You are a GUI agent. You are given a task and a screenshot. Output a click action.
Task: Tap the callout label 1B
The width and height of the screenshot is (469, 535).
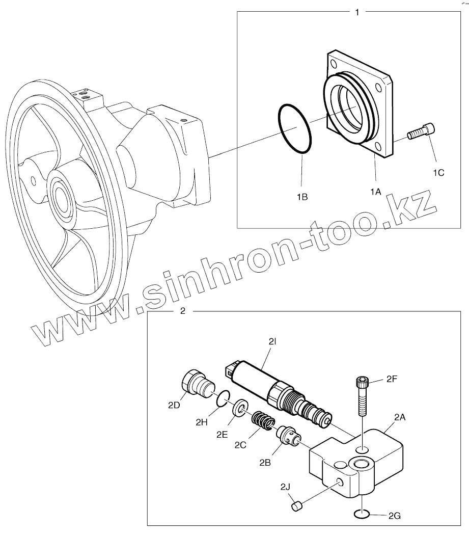click(x=302, y=195)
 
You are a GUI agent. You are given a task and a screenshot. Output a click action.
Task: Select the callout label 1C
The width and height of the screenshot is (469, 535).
click(x=438, y=173)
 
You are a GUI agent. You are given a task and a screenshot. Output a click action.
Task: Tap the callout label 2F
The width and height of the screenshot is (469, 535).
click(x=391, y=380)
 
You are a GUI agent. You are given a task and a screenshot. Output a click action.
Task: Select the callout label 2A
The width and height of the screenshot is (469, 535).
click(x=400, y=416)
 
